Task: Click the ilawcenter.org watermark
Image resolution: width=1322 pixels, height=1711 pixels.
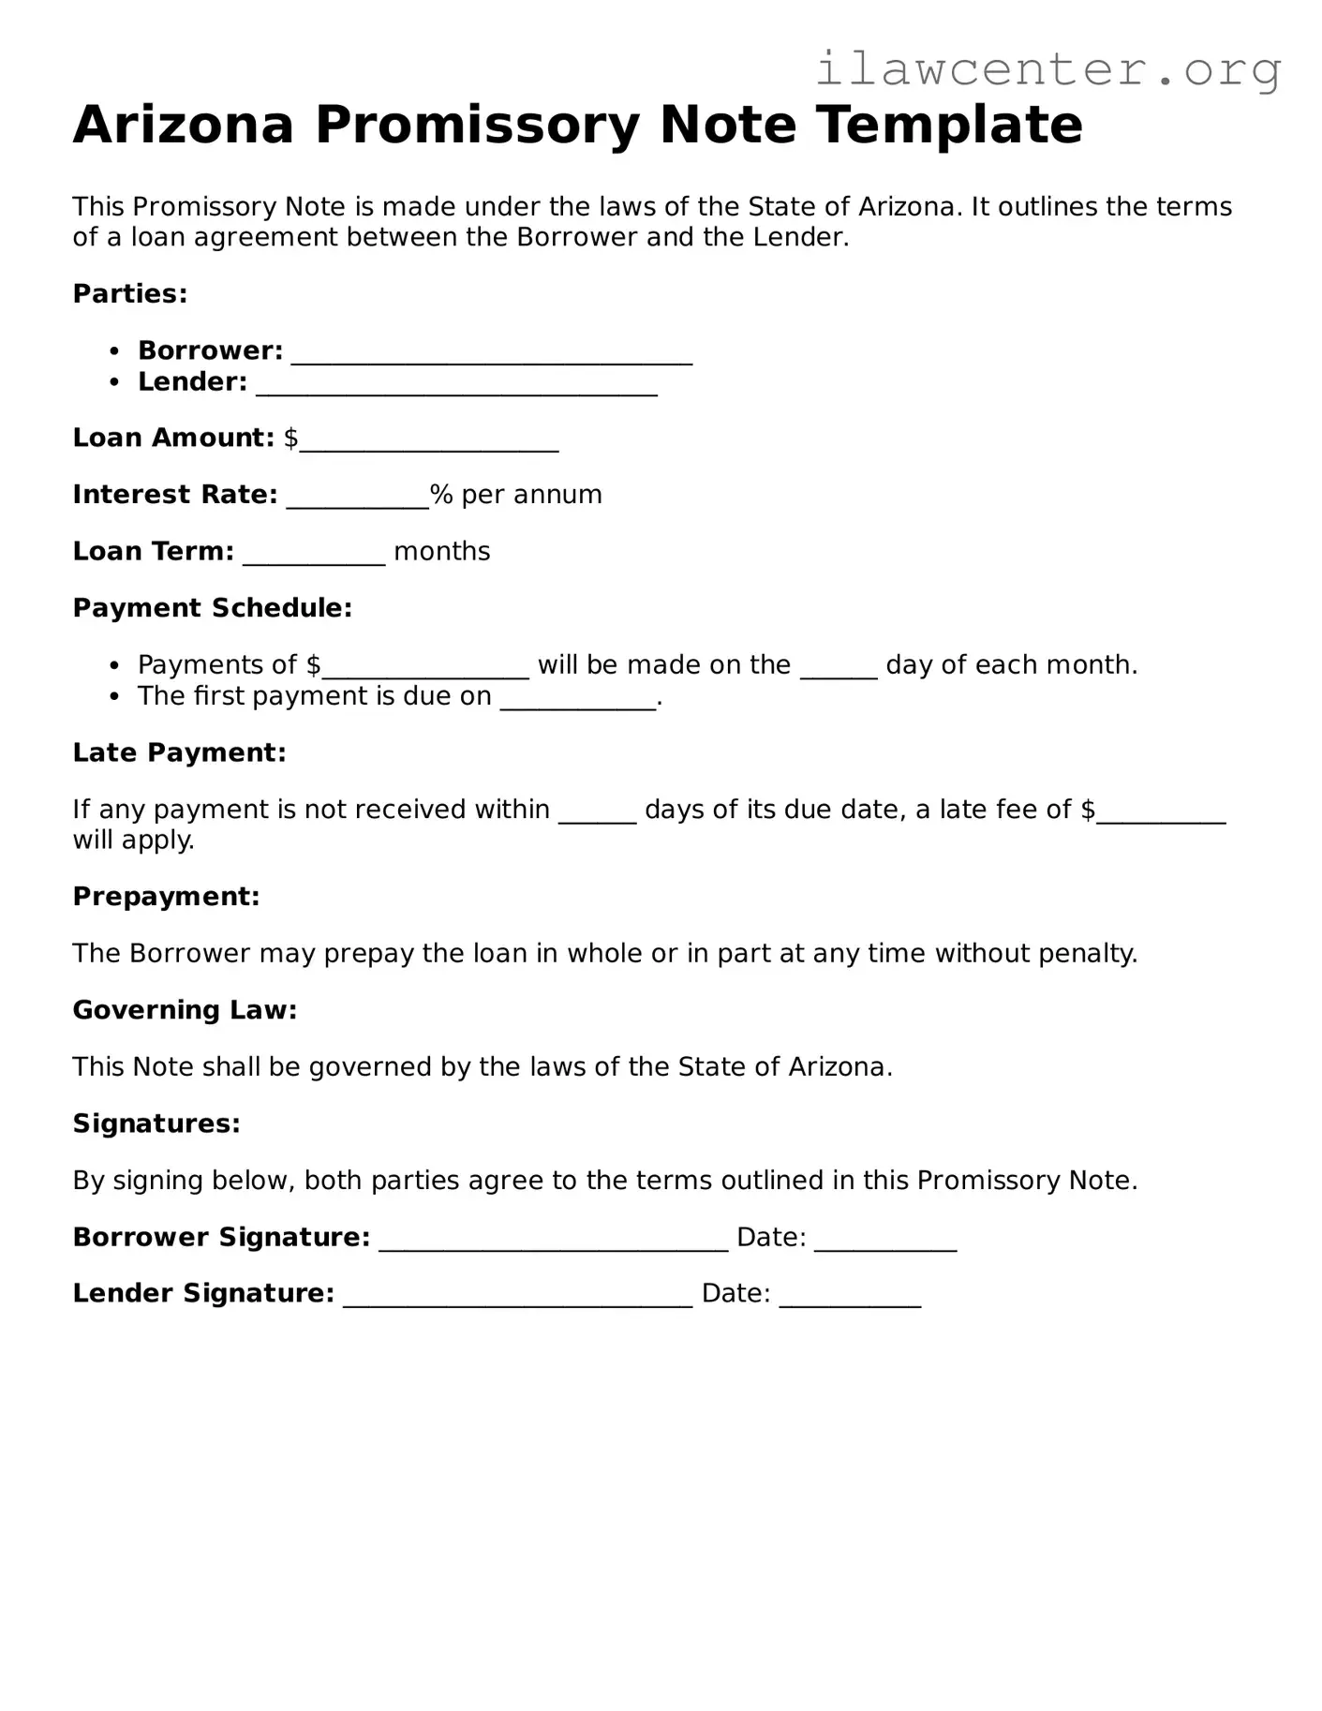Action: (x=1047, y=69)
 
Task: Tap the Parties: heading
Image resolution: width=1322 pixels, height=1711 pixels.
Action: (x=130, y=294)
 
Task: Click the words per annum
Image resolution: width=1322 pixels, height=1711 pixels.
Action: (x=531, y=495)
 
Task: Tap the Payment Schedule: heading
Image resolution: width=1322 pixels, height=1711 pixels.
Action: (x=213, y=608)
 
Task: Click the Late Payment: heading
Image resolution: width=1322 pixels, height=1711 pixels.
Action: (x=179, y=752)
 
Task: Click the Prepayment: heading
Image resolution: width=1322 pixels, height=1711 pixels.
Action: (x=166, y=897)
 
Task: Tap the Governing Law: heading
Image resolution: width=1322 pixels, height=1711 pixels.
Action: (x=185, y=1010)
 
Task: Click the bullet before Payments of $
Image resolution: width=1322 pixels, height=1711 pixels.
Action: (x=114, y=665)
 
